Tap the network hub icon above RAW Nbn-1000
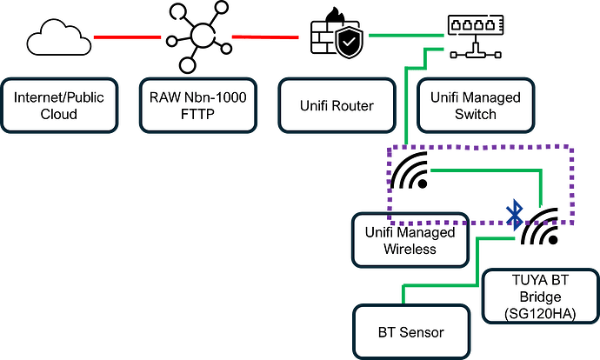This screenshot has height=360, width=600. pos(202,36)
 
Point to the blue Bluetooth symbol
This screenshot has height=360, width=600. pos(514,211)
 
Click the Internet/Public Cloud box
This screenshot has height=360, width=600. pos(59,106)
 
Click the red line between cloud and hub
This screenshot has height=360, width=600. pos(127,37)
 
